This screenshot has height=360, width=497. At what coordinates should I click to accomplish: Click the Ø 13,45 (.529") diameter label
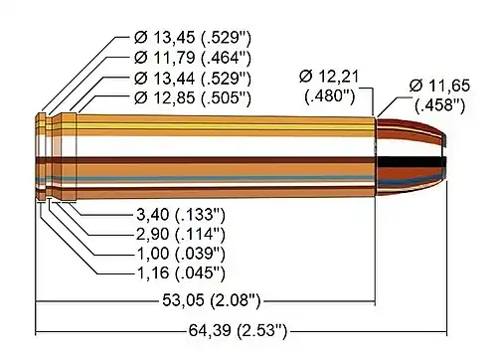(x=193, y=38)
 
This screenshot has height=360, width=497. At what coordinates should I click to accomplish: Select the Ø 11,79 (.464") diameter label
(x=193, y=58)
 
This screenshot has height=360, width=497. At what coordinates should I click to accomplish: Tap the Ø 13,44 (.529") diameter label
(x=193, y=79)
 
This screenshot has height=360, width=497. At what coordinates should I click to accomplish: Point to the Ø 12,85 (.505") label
(x=193, y=97)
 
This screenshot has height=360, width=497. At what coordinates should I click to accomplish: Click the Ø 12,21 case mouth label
(x=329, y=87)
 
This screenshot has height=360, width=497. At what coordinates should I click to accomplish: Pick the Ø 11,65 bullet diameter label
(x=439, y=95)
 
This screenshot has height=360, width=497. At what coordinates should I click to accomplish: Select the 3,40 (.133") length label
(x=181, y=215)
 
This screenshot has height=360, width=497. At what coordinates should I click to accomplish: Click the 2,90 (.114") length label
(x=181, y=234)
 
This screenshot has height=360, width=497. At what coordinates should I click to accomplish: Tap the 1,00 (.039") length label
(x=181, y=254)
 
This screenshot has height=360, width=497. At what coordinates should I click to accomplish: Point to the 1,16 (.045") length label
(x=181, y=273)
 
